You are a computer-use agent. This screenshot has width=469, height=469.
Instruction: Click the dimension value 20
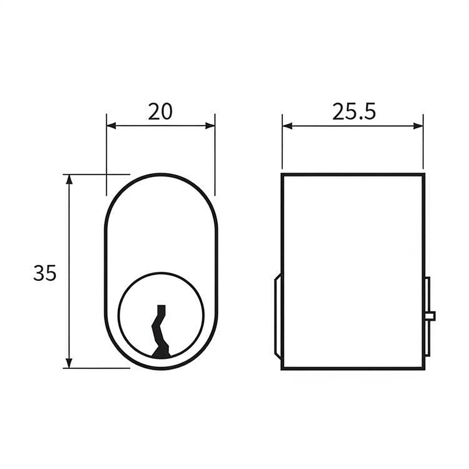click(160, 112)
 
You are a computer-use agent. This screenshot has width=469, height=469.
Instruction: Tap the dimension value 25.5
click(354, 112)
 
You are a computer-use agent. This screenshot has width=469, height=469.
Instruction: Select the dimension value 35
click(44, 273)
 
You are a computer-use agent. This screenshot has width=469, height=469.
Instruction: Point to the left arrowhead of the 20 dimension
click(111, 125)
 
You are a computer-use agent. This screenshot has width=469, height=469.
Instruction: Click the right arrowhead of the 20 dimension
click(210, 125)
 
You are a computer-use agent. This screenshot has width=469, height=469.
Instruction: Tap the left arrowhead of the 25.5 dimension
click(287, 126)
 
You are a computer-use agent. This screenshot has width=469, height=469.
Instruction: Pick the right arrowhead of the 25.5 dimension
click(418, 126)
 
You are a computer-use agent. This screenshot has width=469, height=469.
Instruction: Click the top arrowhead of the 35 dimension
click(69, 179)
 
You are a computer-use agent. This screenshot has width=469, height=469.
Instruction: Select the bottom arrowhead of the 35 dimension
click(69, 363)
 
